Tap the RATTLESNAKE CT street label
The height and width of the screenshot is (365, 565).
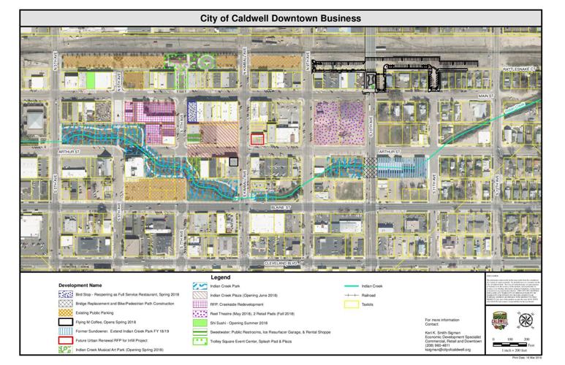pyautogui.click(x=519, y=71)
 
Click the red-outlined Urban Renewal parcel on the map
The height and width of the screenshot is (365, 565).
pyautogui.click(x=257, y=139)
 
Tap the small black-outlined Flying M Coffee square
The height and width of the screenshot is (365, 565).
pyautogui.click(x=233, y=162)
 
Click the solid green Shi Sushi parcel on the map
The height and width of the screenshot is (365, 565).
pyautogui.click(x=91, y=78)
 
